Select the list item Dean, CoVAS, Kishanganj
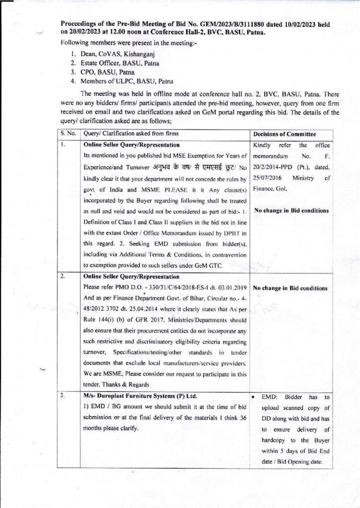(103, 53)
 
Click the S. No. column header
(68, 134)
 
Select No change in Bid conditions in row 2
(290, 288)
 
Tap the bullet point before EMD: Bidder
(255, 397)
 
